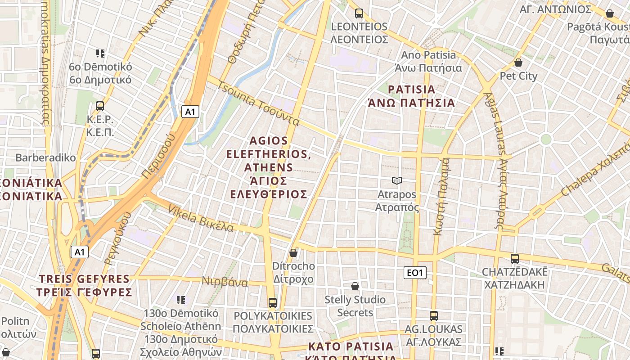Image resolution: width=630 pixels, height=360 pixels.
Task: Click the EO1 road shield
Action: [415, 272]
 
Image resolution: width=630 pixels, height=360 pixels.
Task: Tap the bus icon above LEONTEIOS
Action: [359, 13]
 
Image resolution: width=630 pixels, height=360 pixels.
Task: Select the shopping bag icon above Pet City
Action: [518, 63]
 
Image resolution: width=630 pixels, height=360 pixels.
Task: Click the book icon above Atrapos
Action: [396, 181]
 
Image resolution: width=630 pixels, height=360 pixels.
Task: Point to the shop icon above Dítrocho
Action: [293, 253]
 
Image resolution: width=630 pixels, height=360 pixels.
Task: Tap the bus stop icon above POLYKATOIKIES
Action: [272, 302]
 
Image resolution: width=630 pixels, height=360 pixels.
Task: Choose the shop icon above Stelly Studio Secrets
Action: [355, 286]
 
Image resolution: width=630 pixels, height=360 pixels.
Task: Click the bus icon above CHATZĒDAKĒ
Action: [514, 259]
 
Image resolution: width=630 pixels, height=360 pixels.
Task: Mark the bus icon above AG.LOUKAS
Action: [433, 316]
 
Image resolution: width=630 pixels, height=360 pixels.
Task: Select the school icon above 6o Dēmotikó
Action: [100, 54]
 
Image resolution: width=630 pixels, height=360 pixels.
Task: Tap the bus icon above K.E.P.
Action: [100, 106]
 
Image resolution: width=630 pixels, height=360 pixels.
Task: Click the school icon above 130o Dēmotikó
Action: [181, 300]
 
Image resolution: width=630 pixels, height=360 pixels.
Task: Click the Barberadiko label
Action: [45, 158]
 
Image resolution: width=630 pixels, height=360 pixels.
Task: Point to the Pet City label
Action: [518, 76]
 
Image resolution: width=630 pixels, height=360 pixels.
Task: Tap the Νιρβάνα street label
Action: [225, 282]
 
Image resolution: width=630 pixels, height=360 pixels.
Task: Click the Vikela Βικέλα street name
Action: [201, 218]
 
